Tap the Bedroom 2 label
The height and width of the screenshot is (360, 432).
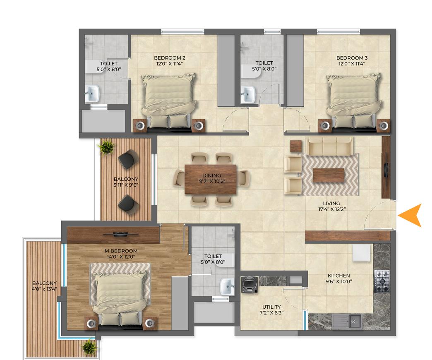(x=169, y=58)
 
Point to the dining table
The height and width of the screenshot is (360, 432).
(x=211, y=180)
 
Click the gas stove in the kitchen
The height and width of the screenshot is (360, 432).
(x=382, y=281)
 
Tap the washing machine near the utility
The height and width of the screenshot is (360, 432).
(x=250, y=285)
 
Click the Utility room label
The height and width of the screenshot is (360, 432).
(x=271, y=307)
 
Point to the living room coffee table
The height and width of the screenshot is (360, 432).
(x=329, y=175)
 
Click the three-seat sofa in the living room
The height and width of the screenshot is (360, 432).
(x=330, y=146)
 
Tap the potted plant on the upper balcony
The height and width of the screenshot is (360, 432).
(x=106, y=147)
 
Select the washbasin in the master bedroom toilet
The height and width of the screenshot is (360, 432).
(x=227, y=286)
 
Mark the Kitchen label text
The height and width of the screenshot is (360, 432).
(x=338, y=276)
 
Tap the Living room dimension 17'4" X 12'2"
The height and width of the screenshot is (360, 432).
(x=332, y=209)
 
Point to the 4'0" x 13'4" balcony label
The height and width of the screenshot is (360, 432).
(x=44, y=289)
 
